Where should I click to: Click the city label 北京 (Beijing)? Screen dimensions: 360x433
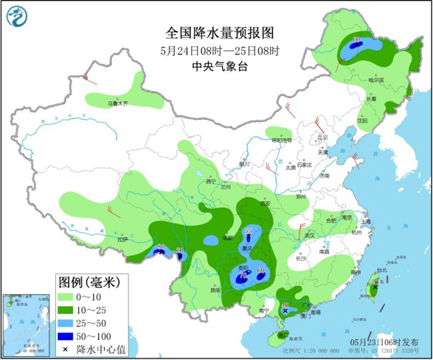coord(323,137)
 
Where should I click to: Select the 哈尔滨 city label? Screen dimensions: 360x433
coord(377,80)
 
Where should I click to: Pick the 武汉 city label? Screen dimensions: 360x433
coord(308,235)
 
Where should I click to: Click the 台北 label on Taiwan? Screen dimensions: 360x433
coord(381,270)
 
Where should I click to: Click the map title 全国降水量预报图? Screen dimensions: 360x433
coord(220,33)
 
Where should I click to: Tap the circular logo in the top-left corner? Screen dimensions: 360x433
coord(19,15)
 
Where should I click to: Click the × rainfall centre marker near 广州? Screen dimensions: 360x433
coord(285,311)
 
